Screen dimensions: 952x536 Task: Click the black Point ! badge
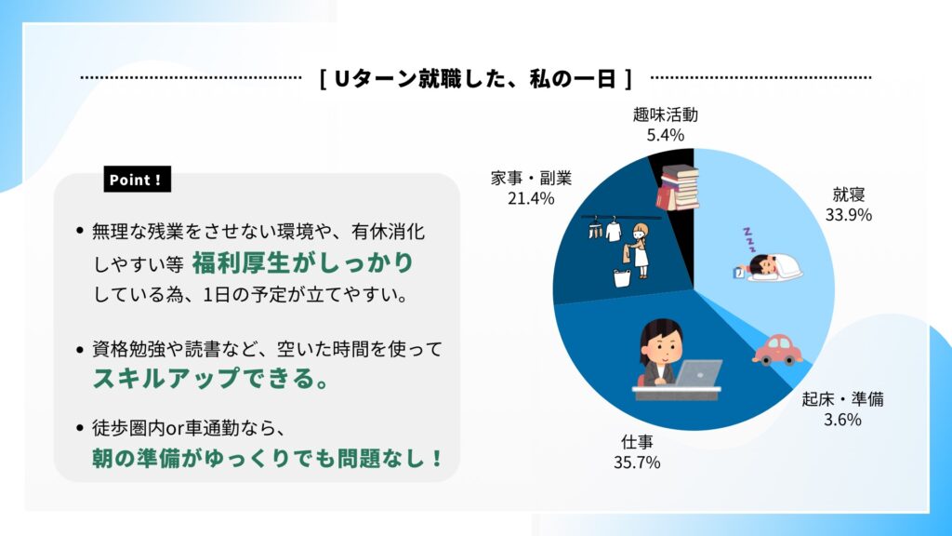(x=138, y=180)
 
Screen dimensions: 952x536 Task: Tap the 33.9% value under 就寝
(x=848, y=215)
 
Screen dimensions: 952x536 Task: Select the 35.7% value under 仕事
(x=637, y=462)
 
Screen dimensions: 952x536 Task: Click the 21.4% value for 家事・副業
(x=531, y=199)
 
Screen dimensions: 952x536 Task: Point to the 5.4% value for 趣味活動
(x=666, y=135)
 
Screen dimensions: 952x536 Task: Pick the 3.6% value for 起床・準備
(x=842, y=420)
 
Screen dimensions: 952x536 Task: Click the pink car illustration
(x=777, y=350)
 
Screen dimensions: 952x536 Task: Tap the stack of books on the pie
(x=678, y=188)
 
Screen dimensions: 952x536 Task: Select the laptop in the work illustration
(x=699, y=372)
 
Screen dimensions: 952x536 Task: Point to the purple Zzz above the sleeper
(x=748, y=239)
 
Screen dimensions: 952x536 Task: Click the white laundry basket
(x=622, y=277)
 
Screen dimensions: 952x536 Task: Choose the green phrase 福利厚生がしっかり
(x=302, y=262)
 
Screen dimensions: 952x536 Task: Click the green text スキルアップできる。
(x=211, y=378)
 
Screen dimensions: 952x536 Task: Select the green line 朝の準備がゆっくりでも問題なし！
(x=268, y=458)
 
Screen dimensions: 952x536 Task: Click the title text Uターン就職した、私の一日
(x=475, y=78)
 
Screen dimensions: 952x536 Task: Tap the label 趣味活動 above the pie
(x=666, y=114)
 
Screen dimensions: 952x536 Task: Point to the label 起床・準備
(x=842, y=399)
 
